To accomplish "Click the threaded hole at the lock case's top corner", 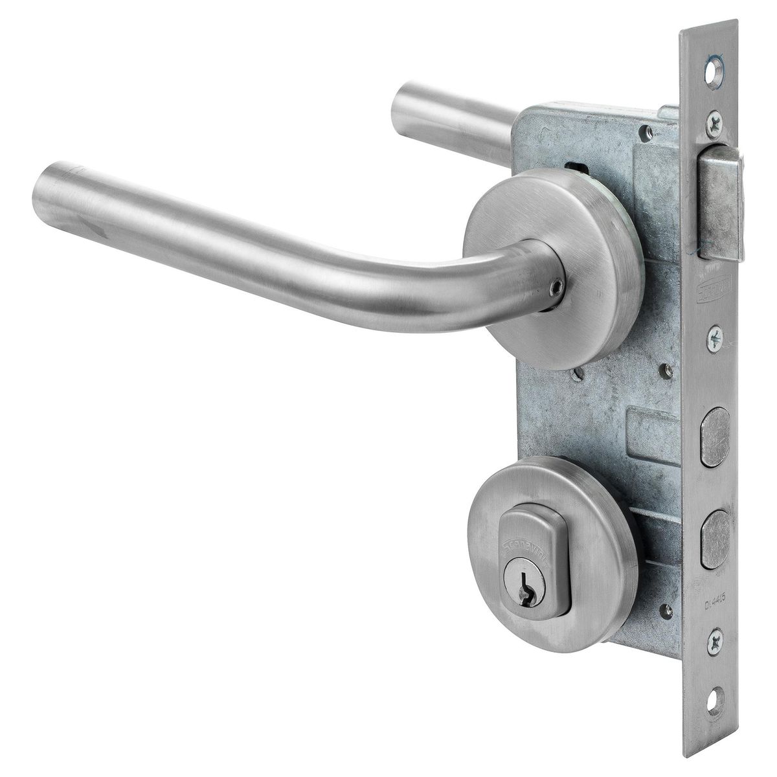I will click(x=649, y=132).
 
